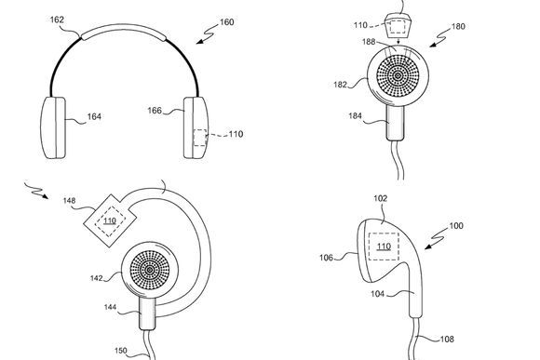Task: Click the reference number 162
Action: [57, 20]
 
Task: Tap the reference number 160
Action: [227, 22]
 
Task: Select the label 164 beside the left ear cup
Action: [94, 116]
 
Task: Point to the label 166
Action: [155, 111]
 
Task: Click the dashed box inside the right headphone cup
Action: [200, 138]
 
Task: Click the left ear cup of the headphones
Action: [53, 127]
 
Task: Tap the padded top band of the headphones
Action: [123, 31]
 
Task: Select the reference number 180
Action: [458, 26]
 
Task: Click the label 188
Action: [369, 42]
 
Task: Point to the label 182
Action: [340, 85]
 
